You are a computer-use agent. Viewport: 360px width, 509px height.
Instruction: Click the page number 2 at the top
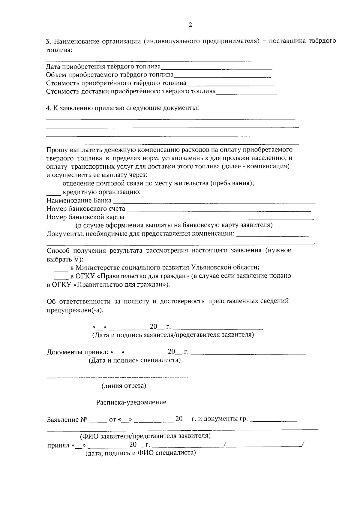pos(190,25)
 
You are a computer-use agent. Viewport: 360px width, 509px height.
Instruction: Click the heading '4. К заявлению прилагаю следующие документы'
pos(122,108)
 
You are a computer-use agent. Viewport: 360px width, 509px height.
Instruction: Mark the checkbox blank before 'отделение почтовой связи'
pos(53,184)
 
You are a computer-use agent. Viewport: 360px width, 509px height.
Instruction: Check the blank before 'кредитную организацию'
pos(53,193)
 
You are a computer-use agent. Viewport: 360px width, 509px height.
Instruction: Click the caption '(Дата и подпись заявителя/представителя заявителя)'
pos(173,335)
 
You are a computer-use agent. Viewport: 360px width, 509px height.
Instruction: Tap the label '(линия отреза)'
pos(124,386)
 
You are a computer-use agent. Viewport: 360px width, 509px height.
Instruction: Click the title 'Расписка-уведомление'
pos(131,402)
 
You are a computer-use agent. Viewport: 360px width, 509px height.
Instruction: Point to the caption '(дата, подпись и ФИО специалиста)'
pos(141,453)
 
